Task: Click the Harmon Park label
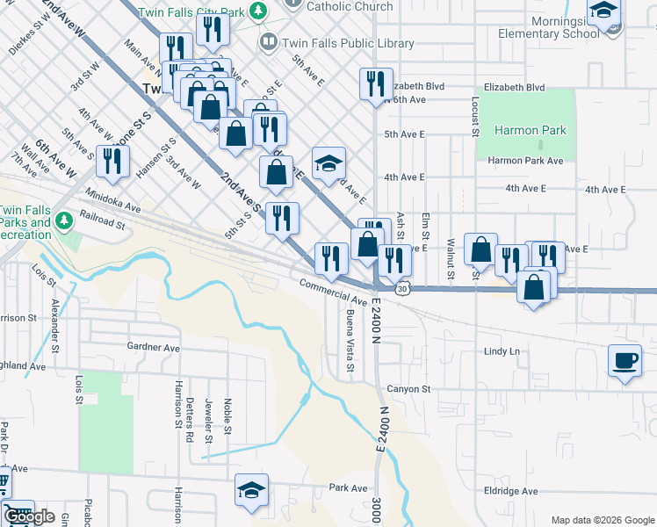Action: pyautogui.click(x=530, y=131)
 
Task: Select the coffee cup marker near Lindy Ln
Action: pyautogui.click(x=625, y=361)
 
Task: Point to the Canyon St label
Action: pyautogui.click(x=408, y=389)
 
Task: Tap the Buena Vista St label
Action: pyautogui.click(x=350, y=340)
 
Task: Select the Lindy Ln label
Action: pyautogui.click(x=502, y=351)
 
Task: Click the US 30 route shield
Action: pyautogui.click(x=401, y=288)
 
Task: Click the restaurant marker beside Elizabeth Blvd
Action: pyautogui.click(x=376, y=84)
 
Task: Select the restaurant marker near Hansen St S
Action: pyautogui.click(x=112, y=162)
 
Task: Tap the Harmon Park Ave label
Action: pyautogui.click(x=525, y=161)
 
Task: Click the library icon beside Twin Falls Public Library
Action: pyautogui.click(x=268, y=42)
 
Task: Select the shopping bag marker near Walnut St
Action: pyautogui.click(x=480, y=249)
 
